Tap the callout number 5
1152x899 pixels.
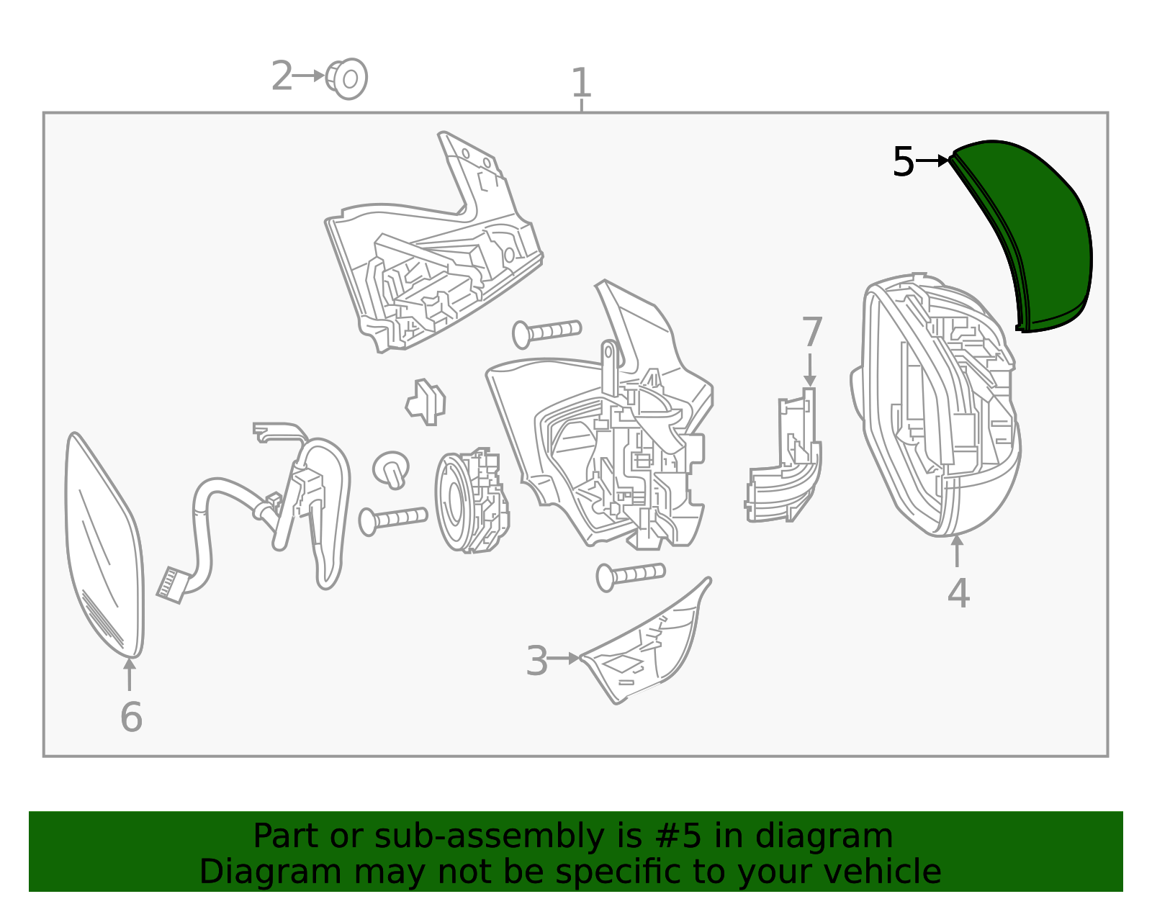pos(904,161)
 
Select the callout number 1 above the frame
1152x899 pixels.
pos(581,83)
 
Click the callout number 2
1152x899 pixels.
pos(282,76)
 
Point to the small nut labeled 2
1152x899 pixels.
pos(347,79)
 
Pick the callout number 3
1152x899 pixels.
pos(536,661)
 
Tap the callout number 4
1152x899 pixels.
pos(958,593)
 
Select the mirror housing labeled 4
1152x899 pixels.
pos(936,405)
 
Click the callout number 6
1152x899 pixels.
pos(131,717)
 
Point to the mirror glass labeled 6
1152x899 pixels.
pos(104,546)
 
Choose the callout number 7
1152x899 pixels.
pos(811,332)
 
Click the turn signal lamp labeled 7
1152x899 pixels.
pos(784,456)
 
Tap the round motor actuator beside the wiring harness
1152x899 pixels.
pos(472,501)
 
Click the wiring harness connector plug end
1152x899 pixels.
pos(171,585)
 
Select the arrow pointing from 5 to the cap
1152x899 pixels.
pos(932,160)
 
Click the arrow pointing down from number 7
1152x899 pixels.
pos(809,370)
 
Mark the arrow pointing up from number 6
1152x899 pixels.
pos(130,674)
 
